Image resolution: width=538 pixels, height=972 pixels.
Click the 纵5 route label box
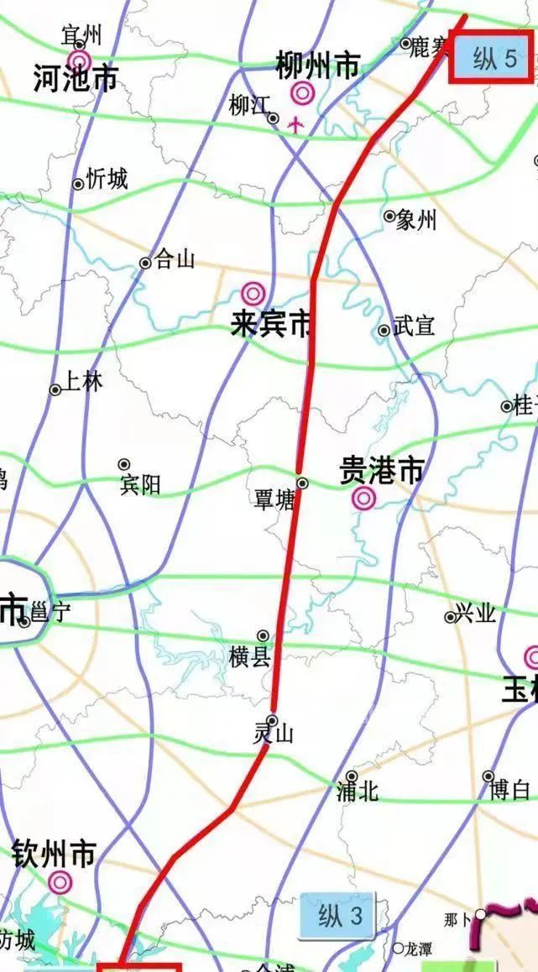[x=491, y=59]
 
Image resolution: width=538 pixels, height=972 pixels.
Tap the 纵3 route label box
[x=336, y=916]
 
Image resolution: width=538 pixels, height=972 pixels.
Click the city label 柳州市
[x=318, y=65]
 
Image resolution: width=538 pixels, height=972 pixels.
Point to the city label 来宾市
[x=270, y=326]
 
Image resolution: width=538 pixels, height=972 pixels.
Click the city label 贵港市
[x=381, y=471]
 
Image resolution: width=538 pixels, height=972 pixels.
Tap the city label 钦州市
[x=54, y=855]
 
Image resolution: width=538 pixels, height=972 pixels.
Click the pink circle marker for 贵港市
[x=363, y=499]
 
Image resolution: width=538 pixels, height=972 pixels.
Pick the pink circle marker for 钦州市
[x=60, y=881]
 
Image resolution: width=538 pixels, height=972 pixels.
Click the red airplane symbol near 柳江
[x=295, y=125]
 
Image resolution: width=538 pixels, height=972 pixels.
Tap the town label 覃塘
[x=274, y=501]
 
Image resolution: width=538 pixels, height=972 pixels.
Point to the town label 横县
[x=251, y=656]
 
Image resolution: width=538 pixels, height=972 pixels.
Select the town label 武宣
[x=414, y=326]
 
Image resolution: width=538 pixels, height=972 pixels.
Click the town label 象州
[x=417, y=220]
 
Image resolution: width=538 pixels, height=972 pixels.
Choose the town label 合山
[x=175, y=260]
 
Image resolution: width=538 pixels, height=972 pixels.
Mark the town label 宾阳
[x=140, y=484]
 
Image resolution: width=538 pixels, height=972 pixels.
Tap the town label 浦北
[x=358, y=791]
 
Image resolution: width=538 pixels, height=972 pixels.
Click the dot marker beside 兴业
[x=450, y=617]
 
